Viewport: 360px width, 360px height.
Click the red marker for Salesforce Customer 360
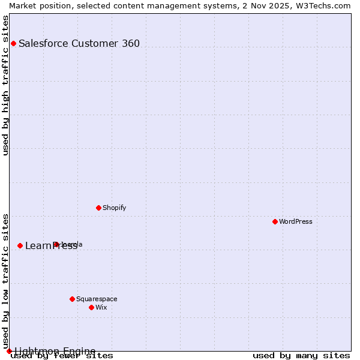(x=13, y=43)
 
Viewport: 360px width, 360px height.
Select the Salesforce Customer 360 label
(x=79, y=43)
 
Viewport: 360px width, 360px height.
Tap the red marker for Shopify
(x=98, y=208)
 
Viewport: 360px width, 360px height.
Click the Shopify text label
(x=115, y=208)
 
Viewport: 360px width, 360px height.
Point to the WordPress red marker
(x=275, y=221)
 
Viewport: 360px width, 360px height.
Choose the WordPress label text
(x=296, y=222)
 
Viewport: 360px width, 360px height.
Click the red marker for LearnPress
(x=20, y=245)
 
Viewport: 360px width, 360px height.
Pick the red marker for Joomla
(x=56, y=244)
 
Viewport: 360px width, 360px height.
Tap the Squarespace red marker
(x=72, y=299)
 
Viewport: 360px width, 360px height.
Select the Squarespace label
(x=97, y=299)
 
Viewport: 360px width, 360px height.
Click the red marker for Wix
(x=91, y=307)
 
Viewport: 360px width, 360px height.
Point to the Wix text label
(x=101, y=308)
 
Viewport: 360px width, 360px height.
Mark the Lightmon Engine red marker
(x=9, y=351)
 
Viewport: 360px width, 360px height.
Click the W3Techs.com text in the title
(x=322, y=5)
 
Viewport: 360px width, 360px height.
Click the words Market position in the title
(x=36, y=5)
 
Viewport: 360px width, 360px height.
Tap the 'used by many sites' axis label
(x=301, y=356)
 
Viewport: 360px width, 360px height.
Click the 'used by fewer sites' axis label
(x=62, y=356)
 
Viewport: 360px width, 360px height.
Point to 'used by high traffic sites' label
(x=6, y=85)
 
